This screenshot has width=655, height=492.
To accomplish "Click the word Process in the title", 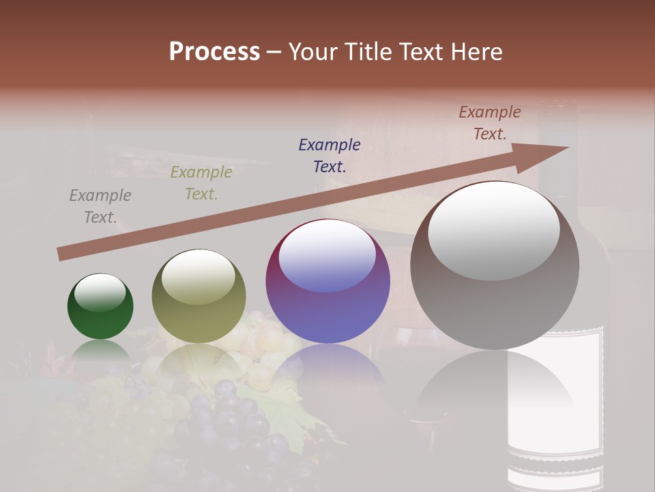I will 214,52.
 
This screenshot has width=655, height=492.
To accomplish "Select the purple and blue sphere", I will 327,282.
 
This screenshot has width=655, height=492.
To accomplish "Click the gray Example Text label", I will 100,206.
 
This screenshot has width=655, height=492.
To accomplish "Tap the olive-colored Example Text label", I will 201,183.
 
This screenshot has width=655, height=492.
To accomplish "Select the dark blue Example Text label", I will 330,156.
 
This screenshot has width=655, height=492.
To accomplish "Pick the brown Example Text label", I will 490,123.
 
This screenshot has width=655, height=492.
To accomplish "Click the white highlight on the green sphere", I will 100,292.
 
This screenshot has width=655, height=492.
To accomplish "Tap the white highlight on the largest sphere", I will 493,230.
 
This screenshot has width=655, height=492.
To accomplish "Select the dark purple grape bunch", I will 225,424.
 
